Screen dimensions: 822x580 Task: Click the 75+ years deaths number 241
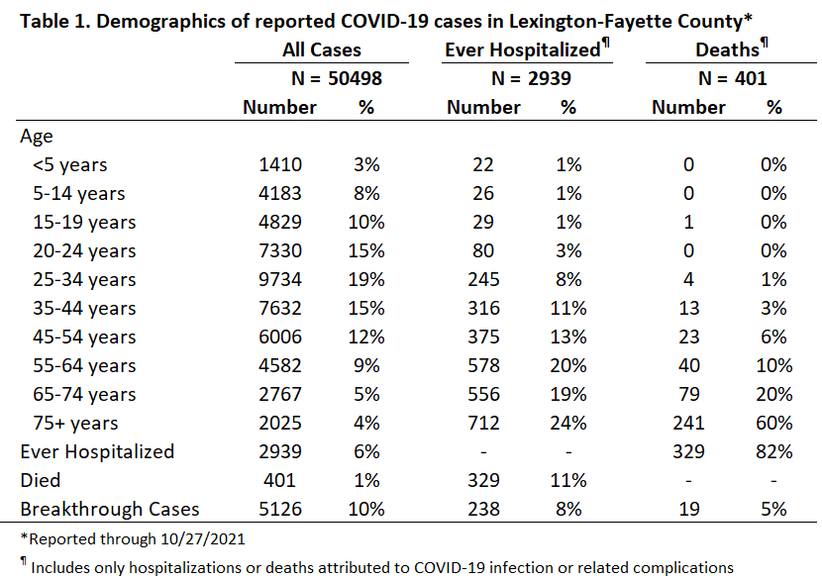click(688, 423)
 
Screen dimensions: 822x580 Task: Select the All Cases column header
click(321, 49)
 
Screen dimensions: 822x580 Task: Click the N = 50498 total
click(337, 78)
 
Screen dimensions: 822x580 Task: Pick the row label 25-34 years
click(84, 280)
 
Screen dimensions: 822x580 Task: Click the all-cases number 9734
click(280, 279)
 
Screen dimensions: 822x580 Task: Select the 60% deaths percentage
click(773, 423)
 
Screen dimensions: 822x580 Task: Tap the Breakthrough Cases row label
click(110, 510)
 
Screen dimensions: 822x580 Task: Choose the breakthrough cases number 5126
click(280, 510)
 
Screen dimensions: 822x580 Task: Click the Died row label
click(41, 480)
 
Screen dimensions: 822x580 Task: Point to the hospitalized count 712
click(483, 423)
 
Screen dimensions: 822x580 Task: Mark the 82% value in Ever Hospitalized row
click(773, 451)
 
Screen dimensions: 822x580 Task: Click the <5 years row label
click(69, 165)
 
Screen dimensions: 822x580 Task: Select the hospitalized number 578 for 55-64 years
click(483, 365)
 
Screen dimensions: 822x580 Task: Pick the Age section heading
click(37, 137)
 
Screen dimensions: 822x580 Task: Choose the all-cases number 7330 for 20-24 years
click(280, 251)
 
